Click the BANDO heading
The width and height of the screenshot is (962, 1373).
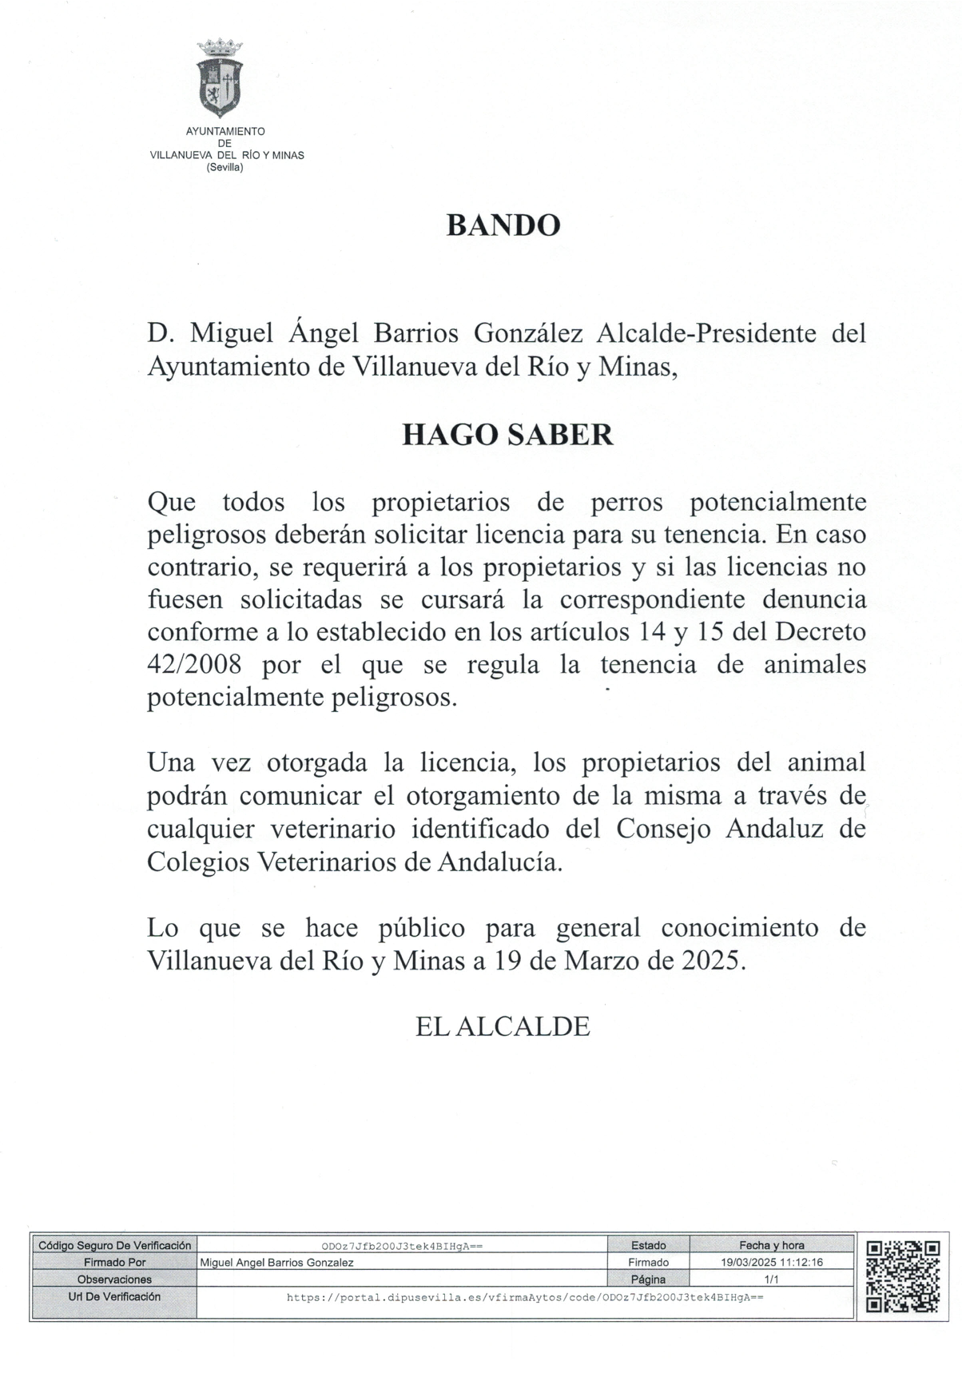click(503, 226)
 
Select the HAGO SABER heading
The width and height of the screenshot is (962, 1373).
click(507, 435)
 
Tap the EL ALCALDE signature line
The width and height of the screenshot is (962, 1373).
click(503, 1027)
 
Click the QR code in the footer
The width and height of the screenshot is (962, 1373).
click(903, 1275)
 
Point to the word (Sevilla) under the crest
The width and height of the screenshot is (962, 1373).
click(225, 168)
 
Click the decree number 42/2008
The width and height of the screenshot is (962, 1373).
click(195, 665)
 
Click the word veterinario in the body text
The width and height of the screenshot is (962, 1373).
click(333, 830)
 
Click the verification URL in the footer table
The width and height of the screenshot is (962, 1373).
click(525, 1298)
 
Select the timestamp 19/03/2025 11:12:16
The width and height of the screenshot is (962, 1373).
click(772, 1263)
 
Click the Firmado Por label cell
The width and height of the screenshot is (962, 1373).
click(115, 1263)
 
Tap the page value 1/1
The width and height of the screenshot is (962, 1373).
click(772, 1279)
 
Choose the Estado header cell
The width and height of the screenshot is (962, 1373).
click(648, 1246)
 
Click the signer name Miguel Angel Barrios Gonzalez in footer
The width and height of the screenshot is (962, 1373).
click(277, 1263)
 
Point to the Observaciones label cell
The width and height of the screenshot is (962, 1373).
click(115, 1279)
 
